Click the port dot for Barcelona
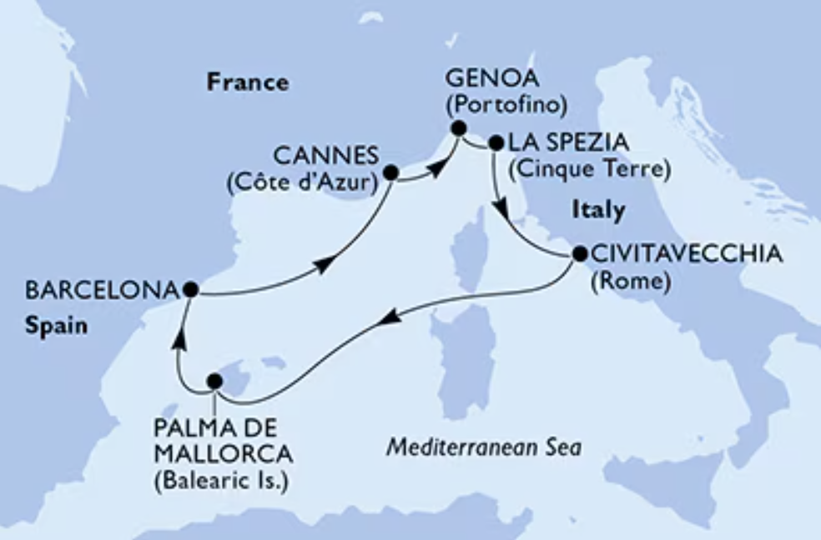point(190,289)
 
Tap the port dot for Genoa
point(457,128)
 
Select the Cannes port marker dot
point(390,173)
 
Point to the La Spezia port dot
point(496,143)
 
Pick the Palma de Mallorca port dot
point(214,381)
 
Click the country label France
point(248,82)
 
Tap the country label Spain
point(56,327)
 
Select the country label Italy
point(598,211)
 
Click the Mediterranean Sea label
point(484,447)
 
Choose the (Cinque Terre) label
point(591,170)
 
